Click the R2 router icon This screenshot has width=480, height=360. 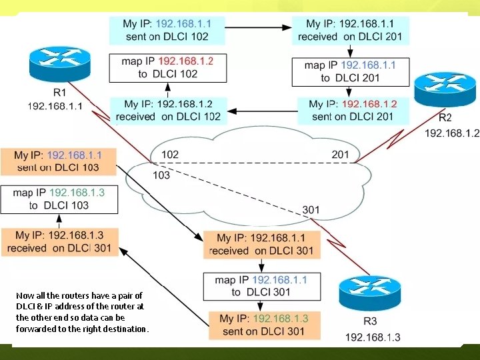tap(440, 91)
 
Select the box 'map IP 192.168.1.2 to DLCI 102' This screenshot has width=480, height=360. tap(167, 67)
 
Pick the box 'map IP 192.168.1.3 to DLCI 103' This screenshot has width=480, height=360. tap(59, 199)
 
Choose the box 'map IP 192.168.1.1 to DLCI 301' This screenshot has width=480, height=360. tap(261, 286)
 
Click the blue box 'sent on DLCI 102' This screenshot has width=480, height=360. tap(167, 31)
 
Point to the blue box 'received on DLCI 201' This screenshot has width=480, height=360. tap(350, 31)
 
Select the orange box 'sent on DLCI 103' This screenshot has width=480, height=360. tap(58, 161)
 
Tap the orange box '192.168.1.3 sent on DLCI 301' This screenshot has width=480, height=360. tap(264, 325)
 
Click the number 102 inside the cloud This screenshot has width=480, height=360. tap(169, 155)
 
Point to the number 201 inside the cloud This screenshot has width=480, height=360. tap(340, 155)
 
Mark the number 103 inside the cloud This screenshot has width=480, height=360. tap(161, 175)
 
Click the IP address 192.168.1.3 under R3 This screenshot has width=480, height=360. tap(373, 337)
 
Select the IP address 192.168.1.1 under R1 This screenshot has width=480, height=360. tap(55, 106)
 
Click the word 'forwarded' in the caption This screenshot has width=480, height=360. tap(37, 329)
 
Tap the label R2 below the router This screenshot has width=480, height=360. tap(445, 117)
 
